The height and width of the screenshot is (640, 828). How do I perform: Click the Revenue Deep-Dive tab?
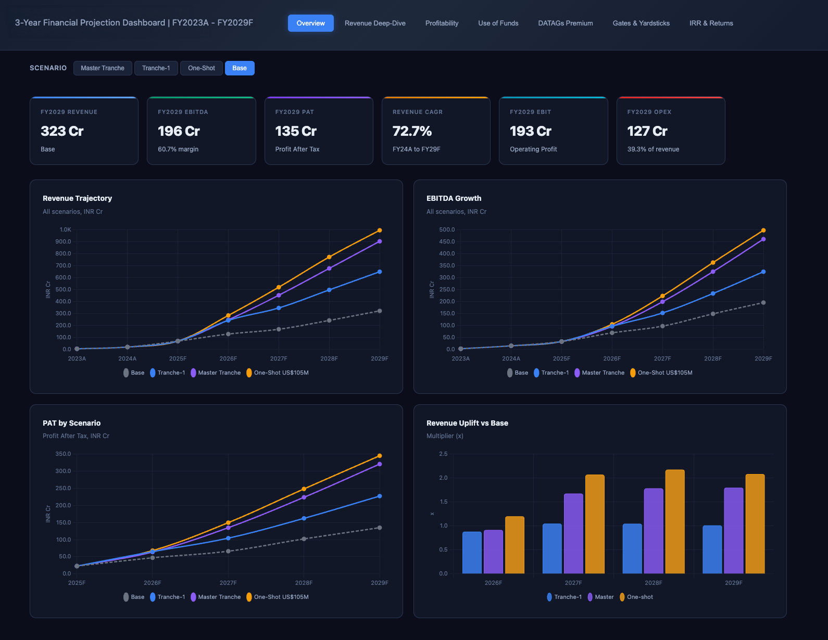[375, 23]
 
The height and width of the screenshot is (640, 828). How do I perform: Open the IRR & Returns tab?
[711, 23]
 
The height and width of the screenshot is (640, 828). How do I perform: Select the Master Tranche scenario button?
[103, 68]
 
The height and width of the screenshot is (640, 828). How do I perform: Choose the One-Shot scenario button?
[202, 68]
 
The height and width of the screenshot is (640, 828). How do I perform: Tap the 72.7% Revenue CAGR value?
[412, 131]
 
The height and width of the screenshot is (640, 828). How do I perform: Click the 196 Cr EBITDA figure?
[179, 131]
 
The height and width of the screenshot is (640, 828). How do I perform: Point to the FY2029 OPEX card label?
[649, 112]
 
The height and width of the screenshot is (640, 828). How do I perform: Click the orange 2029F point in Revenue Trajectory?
[380, 231]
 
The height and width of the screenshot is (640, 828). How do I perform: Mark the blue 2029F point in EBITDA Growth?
[763, 272]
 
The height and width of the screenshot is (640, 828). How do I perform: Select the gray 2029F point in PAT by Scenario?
[380, 528]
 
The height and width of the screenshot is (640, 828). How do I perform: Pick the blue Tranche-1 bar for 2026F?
[472, 552]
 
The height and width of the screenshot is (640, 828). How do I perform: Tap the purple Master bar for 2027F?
[573, 533]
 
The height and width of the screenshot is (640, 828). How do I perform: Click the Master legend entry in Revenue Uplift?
[601, 597]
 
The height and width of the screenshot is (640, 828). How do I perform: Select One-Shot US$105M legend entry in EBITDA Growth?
[661, 373]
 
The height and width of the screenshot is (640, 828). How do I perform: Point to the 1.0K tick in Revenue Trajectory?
[65, 229]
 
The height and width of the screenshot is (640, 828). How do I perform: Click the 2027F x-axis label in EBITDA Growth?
[662, 359]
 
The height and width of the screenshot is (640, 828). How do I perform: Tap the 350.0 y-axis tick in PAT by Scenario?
[63, 454]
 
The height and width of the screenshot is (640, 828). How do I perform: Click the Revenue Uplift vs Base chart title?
[467, 423]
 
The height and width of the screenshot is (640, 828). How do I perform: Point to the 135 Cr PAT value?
[296, 131]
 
